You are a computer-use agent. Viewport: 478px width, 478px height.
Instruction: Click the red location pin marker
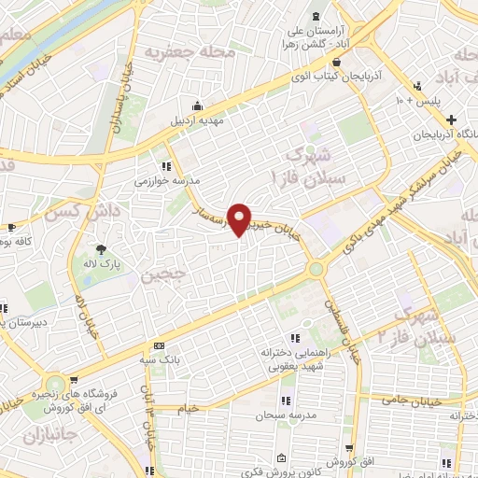click(241, 220)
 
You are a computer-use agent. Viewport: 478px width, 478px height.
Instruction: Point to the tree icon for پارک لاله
click(102, 249)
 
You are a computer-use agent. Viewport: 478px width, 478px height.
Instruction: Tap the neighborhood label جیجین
click(156, 275)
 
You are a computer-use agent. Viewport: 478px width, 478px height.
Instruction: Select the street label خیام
click(188, 408)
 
